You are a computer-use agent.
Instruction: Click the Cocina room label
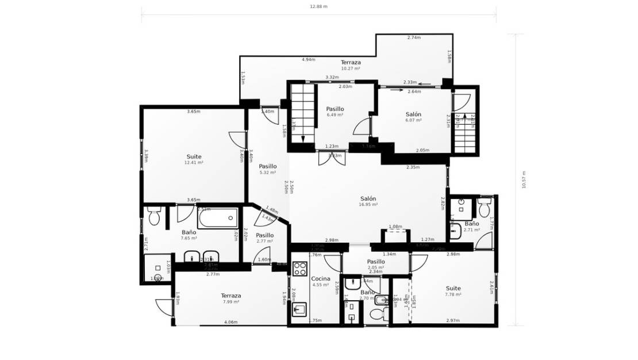pyautogui.click(x=320, y=278)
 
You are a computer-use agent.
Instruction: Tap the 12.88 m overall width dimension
pyautogui.click(x=318, y=7)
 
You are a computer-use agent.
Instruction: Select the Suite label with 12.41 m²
pyautogui.click(x=194, y=156)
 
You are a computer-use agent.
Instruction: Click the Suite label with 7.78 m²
pyautogui.click(x=453, y=288)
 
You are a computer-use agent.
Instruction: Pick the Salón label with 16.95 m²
pyautogui.click(x=368, y=198)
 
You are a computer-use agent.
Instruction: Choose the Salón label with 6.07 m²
pyautogui.click(x=413, y=114)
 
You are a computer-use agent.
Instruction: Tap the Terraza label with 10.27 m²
pyautogui.click(x=351, y=62)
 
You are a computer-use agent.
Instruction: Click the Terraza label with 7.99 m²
pyautogui.click(x=231, y=296)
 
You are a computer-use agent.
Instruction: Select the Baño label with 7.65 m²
pyautogui.click(x=189, y=232)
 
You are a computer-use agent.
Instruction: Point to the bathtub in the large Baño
pyautogui.click(x=218, y=218)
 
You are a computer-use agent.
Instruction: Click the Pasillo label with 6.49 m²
pyautogui.click(x=335, y=109)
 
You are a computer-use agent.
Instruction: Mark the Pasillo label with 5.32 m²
pyautogui.click(x=268, y=166)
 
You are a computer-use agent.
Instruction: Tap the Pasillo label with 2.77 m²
pyautogui.click(x=264, y=235)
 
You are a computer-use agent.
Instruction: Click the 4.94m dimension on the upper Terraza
pyautogui.click(x=309, y=59)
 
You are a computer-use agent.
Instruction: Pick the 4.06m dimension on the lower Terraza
pyautogui.click(x=231, y=322)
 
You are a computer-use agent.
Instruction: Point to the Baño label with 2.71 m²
pyautogui.click(x=471, y=224)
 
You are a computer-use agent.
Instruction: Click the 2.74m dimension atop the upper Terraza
pyautogui.click(x=414, y=37)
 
